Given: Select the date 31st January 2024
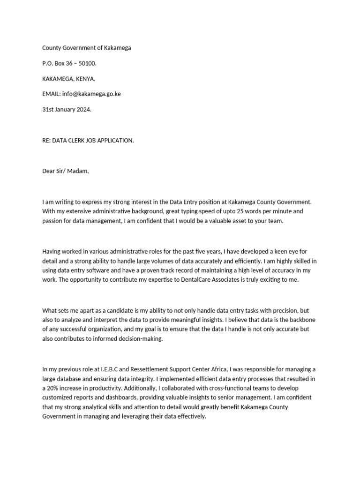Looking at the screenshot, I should pyautogui.click(x=67, y=109).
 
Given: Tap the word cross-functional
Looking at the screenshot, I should pyautogui.click(x=252, y=389).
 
